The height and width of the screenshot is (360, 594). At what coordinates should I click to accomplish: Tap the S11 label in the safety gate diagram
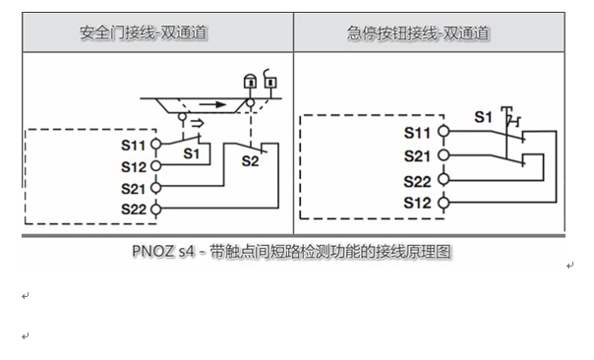(135, 145)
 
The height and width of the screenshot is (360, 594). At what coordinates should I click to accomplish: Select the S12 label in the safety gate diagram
(135, 166)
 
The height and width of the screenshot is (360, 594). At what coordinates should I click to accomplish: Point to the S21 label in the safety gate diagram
(135, 188)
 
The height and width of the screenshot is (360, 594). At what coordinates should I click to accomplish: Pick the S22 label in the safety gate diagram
(135, 209)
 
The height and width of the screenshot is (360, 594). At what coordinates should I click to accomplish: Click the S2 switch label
(250, 160)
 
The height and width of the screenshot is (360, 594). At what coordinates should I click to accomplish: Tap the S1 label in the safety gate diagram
(193, 154)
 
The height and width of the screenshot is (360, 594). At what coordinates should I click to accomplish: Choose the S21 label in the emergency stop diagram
(418, 155)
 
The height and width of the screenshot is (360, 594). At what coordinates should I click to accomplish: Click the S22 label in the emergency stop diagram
(418, 180)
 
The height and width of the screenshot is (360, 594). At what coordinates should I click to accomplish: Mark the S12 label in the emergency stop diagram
(418, 203)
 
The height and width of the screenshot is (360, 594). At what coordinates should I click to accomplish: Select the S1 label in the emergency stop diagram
(483, 117)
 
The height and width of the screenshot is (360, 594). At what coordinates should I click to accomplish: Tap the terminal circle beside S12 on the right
(442, 203)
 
